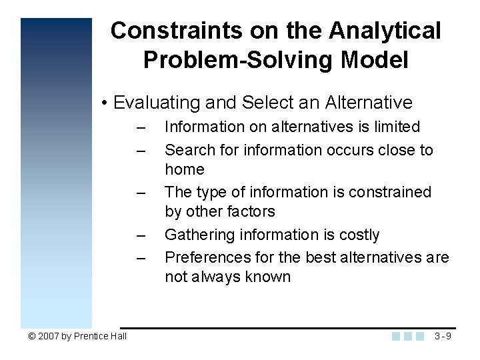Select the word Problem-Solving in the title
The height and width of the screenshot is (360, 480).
(238, 61)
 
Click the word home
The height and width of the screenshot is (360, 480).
(185, 169)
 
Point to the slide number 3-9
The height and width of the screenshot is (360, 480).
(443, 336)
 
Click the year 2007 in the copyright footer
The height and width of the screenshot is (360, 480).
(48, 336)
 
